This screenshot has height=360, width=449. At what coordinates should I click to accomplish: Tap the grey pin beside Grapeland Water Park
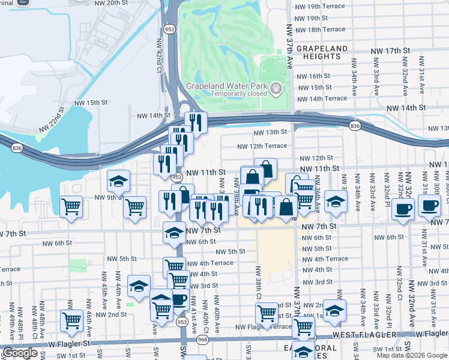click(x=276, y=89)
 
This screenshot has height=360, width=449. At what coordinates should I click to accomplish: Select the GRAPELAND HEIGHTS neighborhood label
click(x=321, y=52)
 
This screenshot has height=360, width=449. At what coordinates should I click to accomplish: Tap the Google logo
click(x=20, y=353)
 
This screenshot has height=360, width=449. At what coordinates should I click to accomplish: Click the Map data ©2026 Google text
click(x=412, y=355)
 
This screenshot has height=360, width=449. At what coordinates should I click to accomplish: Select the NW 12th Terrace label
click(x=262, y=146)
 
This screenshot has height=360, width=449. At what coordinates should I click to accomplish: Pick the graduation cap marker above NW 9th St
click(x=119, y=180)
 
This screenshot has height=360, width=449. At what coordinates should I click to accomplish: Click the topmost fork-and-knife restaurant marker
click(x=195, y=122)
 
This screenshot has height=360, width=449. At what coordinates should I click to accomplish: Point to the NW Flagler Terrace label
click(x=264, y=327)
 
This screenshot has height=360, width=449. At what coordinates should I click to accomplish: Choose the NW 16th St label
click(x=319, y=76)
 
